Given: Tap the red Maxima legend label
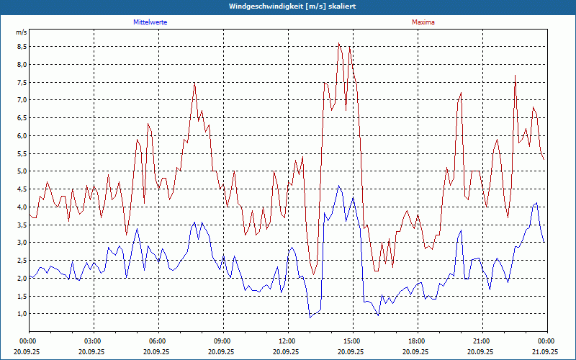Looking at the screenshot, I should click(423, 22).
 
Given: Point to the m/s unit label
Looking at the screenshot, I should click(22, 32).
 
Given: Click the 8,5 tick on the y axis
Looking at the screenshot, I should click(22, 46).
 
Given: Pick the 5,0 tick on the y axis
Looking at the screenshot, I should click(22, 171).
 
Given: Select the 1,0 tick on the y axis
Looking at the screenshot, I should click(22, 314).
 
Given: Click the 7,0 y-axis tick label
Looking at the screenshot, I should click(22, 100).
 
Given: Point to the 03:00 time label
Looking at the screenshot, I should click(93, 341).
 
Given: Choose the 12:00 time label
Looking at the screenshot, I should click(287, 341).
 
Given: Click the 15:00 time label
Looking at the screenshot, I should click(352, 341).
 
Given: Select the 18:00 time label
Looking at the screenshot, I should click(417, 341).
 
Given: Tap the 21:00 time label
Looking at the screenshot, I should click(482, 341).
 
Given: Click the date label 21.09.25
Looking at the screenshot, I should click(546, 352).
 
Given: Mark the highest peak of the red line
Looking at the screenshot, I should click(338, 43).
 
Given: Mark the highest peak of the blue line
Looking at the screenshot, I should click(338, 186).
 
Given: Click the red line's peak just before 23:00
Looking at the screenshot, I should click(515, 76).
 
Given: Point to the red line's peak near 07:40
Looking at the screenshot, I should click(194, 83).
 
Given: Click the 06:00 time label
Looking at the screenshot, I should click(158, 341).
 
